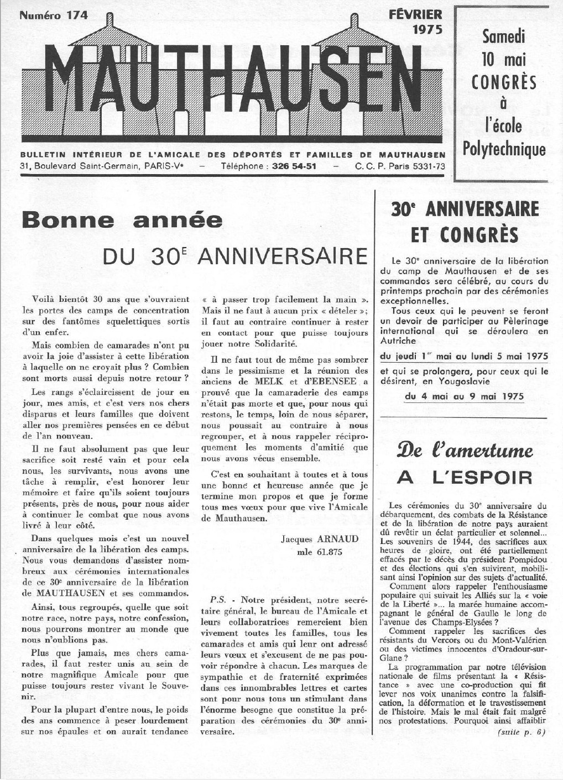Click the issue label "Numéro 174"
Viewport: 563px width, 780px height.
pos(54,15)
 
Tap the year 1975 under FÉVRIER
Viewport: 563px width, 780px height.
pos(428,30)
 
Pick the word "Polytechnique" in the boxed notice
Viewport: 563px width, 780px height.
pos(508,149)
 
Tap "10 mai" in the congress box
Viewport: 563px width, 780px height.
pos(503,60)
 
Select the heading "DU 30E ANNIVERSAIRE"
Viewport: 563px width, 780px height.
pos(236,256)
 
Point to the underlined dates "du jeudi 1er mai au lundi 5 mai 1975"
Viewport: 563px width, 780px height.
pos(464,357)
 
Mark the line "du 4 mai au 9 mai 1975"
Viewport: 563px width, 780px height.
pos(464,396)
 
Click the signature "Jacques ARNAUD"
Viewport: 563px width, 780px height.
pos(313,539)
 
